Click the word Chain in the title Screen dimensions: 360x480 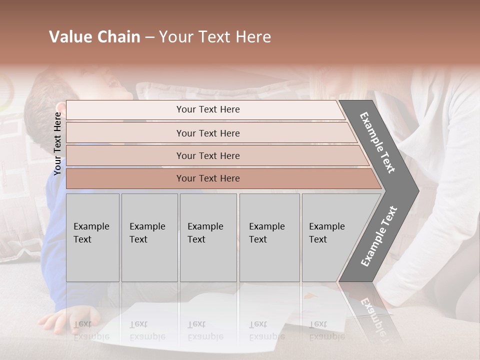coord(118,37)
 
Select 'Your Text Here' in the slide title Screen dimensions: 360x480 coord(215,37)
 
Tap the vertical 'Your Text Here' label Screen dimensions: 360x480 coord(57,143)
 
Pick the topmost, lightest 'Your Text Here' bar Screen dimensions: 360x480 coord(207,109)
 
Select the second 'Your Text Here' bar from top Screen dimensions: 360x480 coord(207,133)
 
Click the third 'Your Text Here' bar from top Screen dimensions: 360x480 coord(207,155)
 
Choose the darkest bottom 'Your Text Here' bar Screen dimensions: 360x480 coord(207,178)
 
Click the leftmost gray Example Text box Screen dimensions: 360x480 coord(92,237)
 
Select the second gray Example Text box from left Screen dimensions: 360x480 coord(149,237)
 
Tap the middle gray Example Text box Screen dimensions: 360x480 coord(208,237)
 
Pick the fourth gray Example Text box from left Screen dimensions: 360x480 coord(269,237)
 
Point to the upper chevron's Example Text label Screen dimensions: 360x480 coord(377,142)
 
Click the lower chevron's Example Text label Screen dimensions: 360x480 coord(379,236)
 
